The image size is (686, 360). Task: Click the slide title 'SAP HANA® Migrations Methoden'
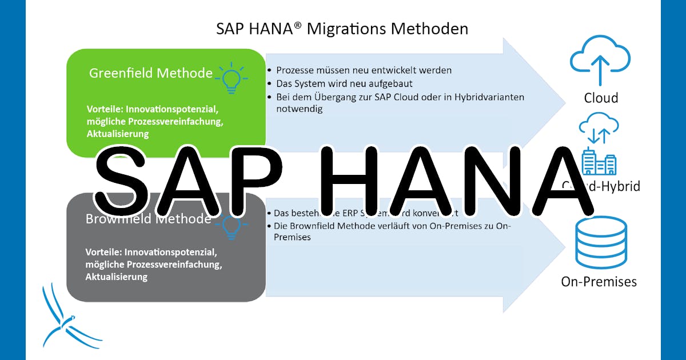coord(342,29)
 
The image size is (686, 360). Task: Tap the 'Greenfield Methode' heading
coord(150,73)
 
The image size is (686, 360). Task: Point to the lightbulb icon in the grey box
coord(230,226)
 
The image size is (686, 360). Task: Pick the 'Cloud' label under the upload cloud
coord(601,98)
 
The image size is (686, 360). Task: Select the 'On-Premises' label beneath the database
coord(599,281)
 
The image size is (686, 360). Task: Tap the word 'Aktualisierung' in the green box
coord(118,134)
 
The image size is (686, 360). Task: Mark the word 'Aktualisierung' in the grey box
coord(117,277)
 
